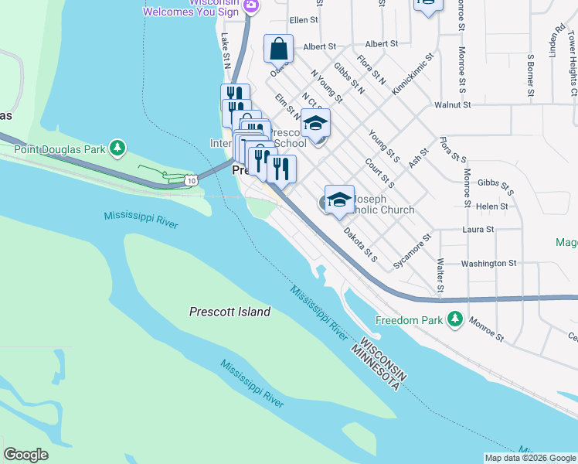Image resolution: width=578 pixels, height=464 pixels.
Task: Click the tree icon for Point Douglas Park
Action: coord(117,147)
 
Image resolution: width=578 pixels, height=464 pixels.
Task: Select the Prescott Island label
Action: coord(230,312)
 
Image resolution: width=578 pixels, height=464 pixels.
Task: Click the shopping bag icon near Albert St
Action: coord(278,49)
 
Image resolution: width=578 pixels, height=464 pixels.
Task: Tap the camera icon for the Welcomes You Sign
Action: coord(250,6)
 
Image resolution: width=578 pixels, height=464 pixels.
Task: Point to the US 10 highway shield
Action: coord(190,180)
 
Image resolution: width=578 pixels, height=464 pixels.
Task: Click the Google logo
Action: coord(26,454)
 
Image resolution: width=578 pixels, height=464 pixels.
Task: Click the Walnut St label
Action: coord(453,104)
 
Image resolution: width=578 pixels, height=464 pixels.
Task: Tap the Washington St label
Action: coord(488,264)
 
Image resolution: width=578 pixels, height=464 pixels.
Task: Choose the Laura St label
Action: coord(478,230)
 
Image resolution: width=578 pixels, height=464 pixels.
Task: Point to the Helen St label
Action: coord(492,206)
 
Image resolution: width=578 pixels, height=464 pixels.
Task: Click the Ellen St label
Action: coord(304,20)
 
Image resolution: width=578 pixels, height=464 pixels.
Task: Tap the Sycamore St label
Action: coord(411,251)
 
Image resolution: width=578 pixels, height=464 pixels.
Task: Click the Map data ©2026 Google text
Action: coord(530,457)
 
